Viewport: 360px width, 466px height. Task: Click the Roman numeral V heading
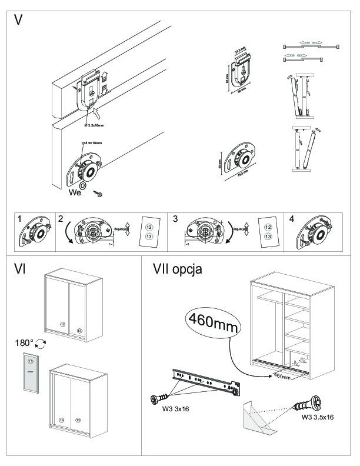[19, 20]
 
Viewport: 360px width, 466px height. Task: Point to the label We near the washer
[74, 192]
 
